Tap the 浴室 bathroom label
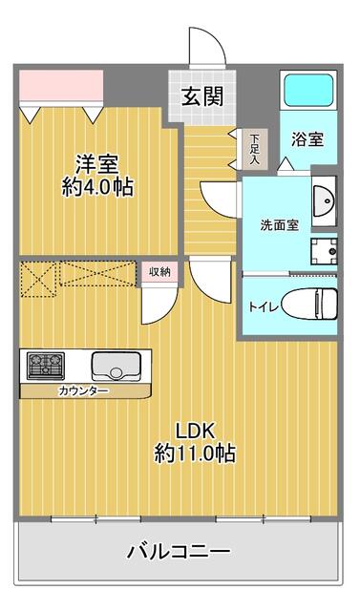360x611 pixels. click(307, 137)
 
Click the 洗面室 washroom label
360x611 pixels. click(280, 225)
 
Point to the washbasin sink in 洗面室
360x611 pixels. click(325, 201)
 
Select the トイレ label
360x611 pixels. click(259, 306)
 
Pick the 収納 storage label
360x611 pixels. click(159, 272)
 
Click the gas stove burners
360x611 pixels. click(43, 365)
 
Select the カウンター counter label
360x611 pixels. click(82, 390)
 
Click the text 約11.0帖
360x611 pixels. click(195, 453)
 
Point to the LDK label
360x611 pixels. click(195, 429)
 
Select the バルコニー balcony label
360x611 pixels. click(179, 551)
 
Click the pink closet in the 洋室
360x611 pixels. click(60, 86)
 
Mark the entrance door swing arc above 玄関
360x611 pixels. click(203, 47)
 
